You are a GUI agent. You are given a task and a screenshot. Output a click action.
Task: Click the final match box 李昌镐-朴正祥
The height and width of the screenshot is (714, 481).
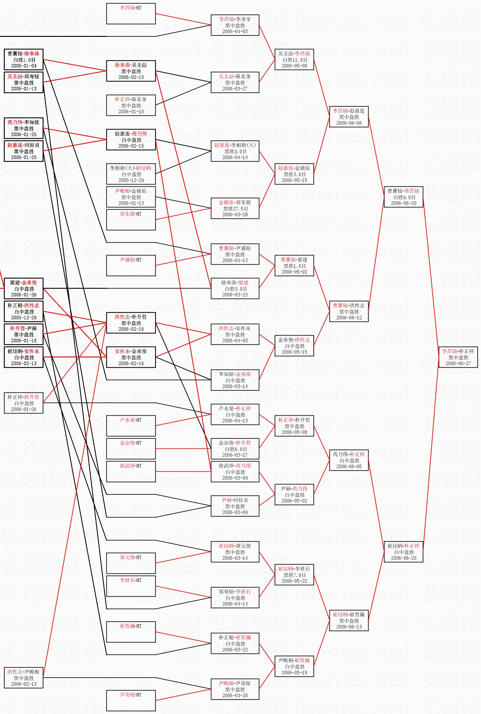point(458,357)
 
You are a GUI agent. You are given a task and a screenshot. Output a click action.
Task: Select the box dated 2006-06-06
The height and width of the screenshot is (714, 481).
point(349,117)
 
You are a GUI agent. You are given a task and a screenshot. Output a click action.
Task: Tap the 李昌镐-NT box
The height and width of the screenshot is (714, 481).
point(131,14)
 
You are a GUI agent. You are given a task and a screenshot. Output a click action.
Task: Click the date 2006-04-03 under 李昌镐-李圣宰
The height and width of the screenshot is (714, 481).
point(235,31)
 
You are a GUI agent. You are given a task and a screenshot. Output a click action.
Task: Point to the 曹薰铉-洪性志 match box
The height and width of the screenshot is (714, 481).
point(349,311)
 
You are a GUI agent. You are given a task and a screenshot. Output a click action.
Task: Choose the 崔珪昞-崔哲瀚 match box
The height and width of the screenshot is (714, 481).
point(349,620)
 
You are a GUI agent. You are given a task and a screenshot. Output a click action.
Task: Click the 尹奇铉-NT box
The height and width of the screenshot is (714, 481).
point(131,701)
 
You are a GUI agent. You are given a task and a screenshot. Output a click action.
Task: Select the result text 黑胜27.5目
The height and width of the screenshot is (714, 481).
point(235,209)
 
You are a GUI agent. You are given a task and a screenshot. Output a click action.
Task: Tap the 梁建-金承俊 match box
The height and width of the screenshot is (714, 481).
point(24,288)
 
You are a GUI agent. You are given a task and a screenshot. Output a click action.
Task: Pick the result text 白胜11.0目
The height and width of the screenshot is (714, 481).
point(295,60)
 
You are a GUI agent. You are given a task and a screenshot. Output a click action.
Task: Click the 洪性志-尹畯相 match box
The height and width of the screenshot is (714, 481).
point(24,678)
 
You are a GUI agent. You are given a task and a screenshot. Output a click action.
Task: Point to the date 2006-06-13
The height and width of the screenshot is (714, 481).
point(349,627)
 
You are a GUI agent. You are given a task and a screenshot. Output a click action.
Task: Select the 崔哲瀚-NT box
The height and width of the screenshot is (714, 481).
point(131,632)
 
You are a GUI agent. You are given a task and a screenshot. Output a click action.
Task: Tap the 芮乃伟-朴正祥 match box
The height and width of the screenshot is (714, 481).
point(349,460)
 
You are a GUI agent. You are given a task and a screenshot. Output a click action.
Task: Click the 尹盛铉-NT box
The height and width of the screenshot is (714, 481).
point(131,266)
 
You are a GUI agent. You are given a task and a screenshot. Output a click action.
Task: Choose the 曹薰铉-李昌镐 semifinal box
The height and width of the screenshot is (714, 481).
point(403,197)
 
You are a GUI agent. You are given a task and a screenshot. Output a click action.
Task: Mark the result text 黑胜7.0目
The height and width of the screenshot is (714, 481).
point(295,575)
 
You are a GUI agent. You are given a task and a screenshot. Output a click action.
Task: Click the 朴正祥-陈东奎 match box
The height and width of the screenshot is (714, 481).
point(131,105)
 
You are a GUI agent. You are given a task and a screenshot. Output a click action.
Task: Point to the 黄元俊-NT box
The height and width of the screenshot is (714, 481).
point(131,563)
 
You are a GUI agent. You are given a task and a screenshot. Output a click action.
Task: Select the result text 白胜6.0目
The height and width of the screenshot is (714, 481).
point(235,449)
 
